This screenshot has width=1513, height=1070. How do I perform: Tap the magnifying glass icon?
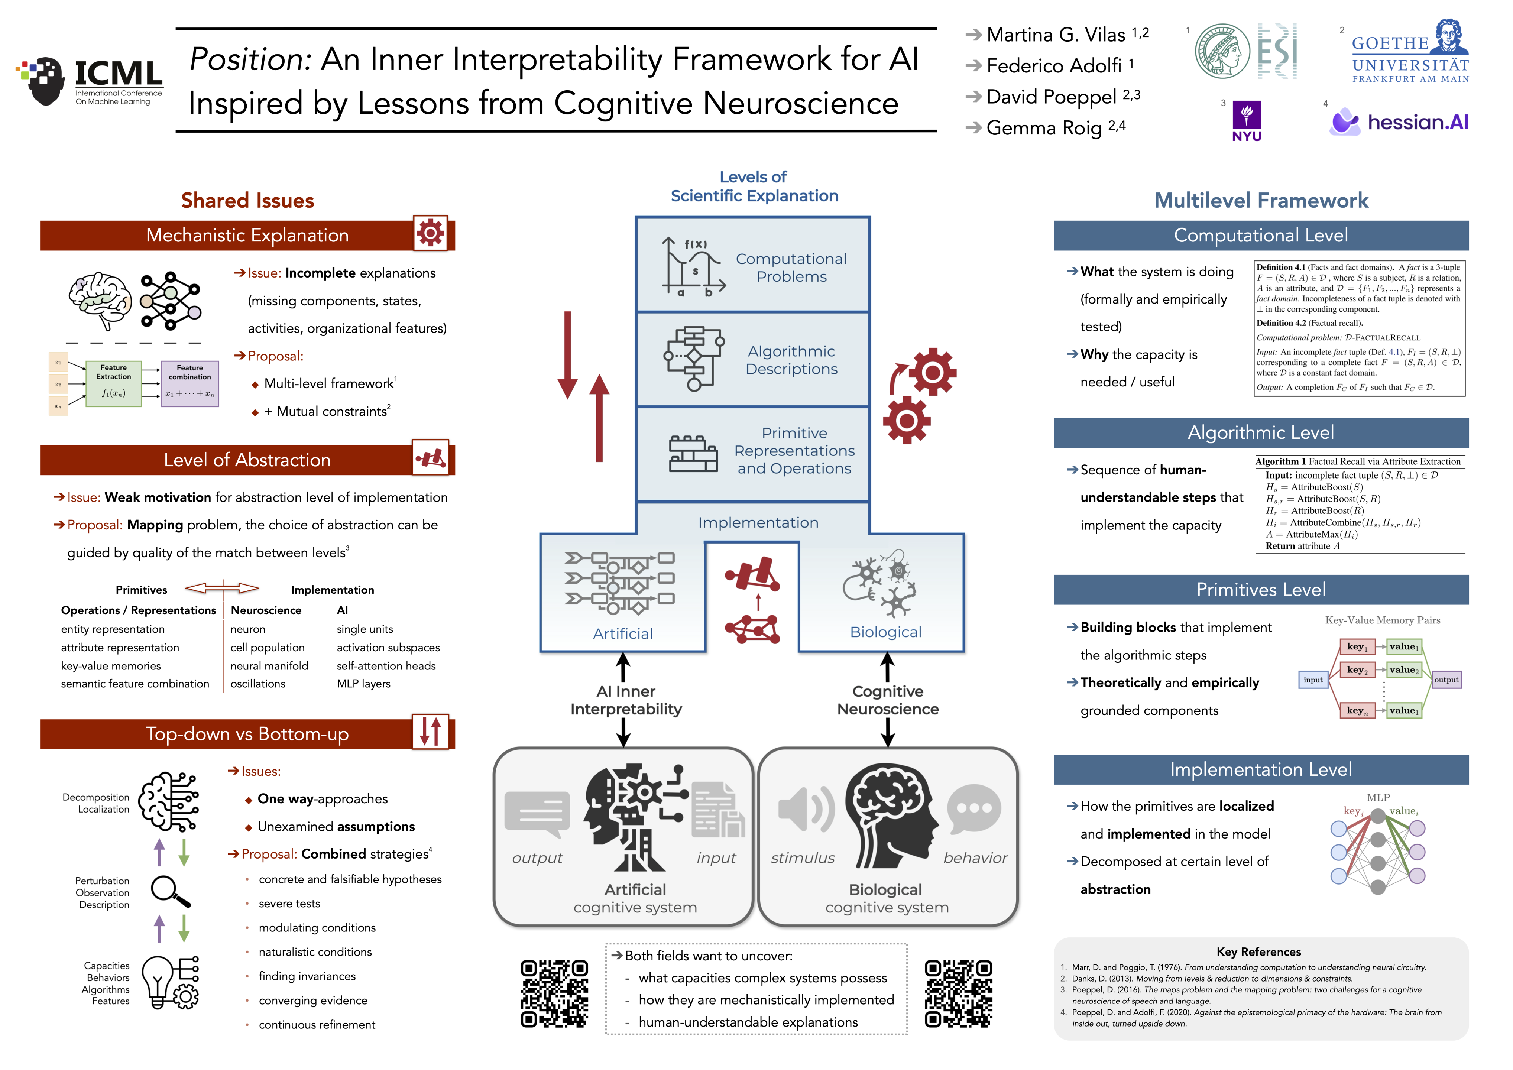(x=170, y=891)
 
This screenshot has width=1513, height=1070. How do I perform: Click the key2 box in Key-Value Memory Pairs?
(x=1357, y=670)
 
